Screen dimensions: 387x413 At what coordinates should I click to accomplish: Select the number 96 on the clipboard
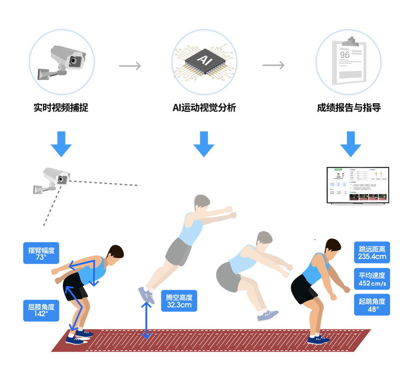point(345,55)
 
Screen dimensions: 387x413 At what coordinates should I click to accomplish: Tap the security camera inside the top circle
point(63,61)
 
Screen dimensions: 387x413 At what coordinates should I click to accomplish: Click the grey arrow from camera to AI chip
point(130,66)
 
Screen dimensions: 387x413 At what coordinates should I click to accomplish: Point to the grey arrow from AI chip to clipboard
point(273,65)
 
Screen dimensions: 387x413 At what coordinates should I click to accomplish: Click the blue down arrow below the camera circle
point(61,144)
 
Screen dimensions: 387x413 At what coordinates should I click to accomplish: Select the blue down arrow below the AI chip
point(204,144)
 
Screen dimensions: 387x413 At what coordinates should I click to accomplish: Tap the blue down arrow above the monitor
point(350,144)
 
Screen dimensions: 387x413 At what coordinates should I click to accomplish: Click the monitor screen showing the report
point(357,185)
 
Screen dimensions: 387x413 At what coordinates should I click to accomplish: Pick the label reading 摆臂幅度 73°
point(41,253)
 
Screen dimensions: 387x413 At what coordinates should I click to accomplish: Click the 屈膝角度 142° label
point(41,310)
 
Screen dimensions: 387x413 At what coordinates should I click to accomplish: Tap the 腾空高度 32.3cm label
point(179,301)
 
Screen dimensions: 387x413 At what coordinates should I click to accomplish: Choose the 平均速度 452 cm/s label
point(372,279)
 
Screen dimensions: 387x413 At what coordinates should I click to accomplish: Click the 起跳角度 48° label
point(372,305)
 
